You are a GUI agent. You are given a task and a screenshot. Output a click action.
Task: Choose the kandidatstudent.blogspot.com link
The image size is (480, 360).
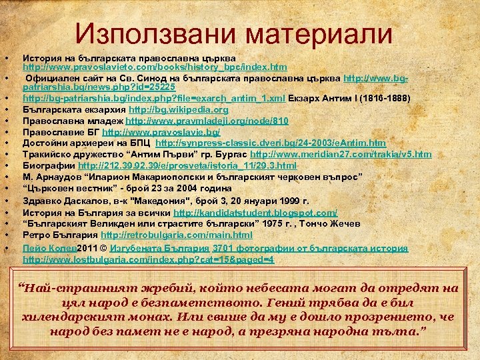pyautogui.click(x=255, y=213)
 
